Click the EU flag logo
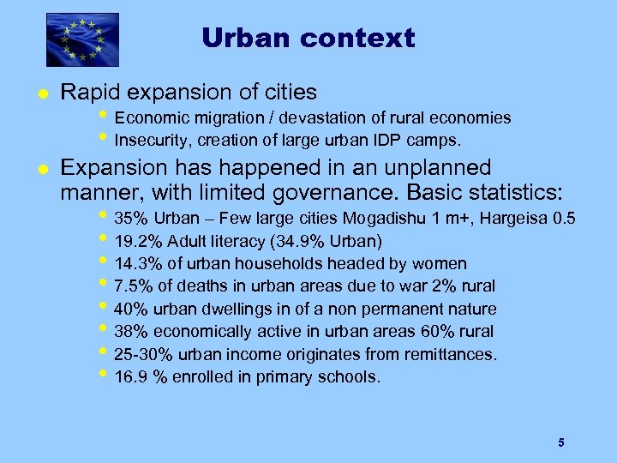click(82, 39)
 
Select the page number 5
click(560, 442)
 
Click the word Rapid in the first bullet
click(87, 92)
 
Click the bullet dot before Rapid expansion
click(40, 93)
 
